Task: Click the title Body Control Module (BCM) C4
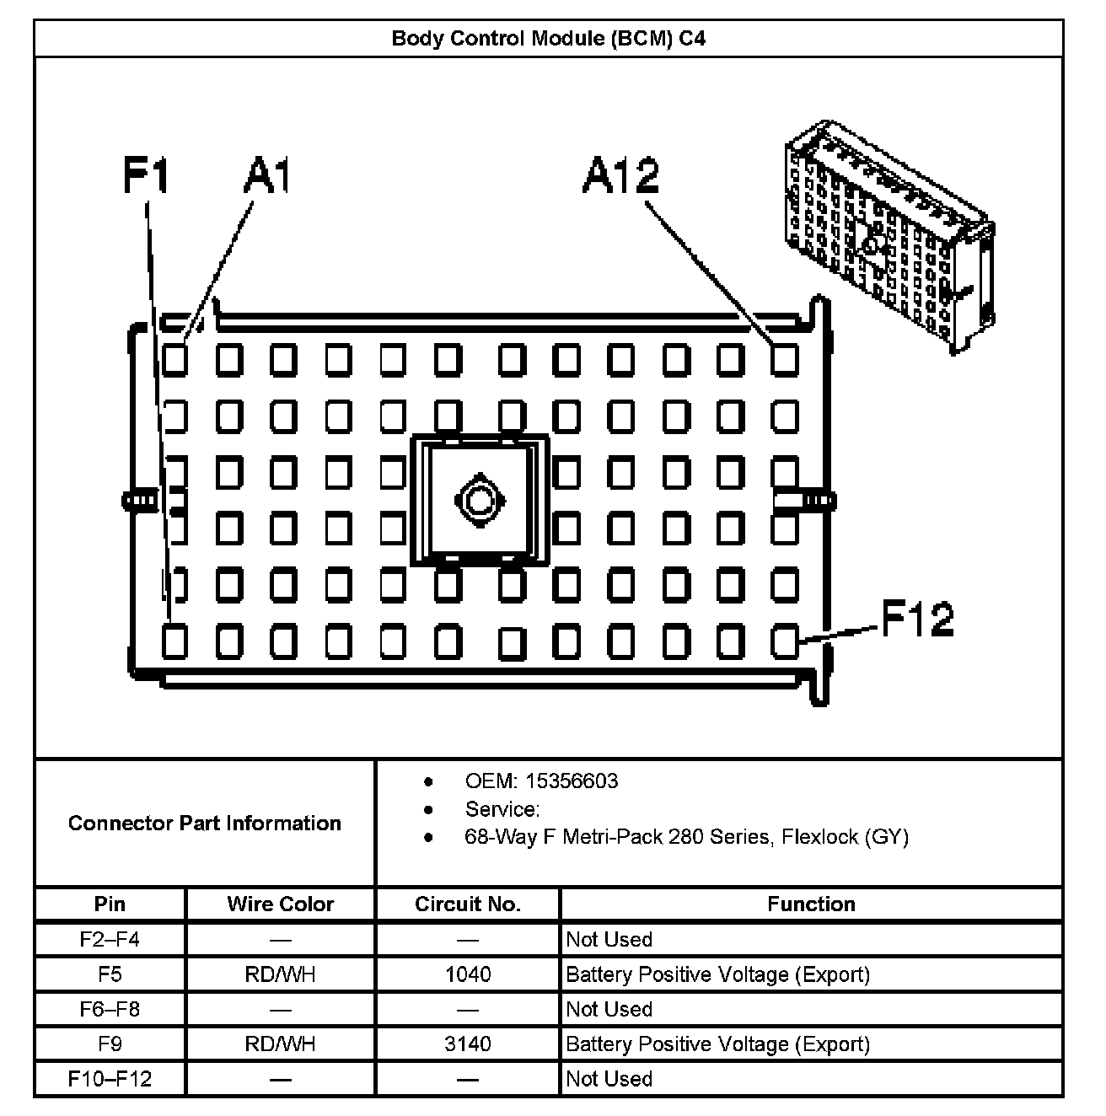pos(548,39)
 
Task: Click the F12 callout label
pos(917,620)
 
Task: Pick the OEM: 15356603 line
pos(541,781)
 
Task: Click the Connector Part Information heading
pos(205,823)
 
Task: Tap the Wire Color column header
pos(280,904)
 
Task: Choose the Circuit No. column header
pos(468,904)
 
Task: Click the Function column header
pos(811,904)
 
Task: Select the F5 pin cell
pos(110,974)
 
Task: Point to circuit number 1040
pos(468,974)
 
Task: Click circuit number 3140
pos(468,1044)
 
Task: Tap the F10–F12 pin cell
pos(110,1079)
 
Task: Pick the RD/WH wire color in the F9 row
pos(280,1044)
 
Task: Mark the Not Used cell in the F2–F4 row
pos(609,939)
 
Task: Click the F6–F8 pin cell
pos(110,1009)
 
